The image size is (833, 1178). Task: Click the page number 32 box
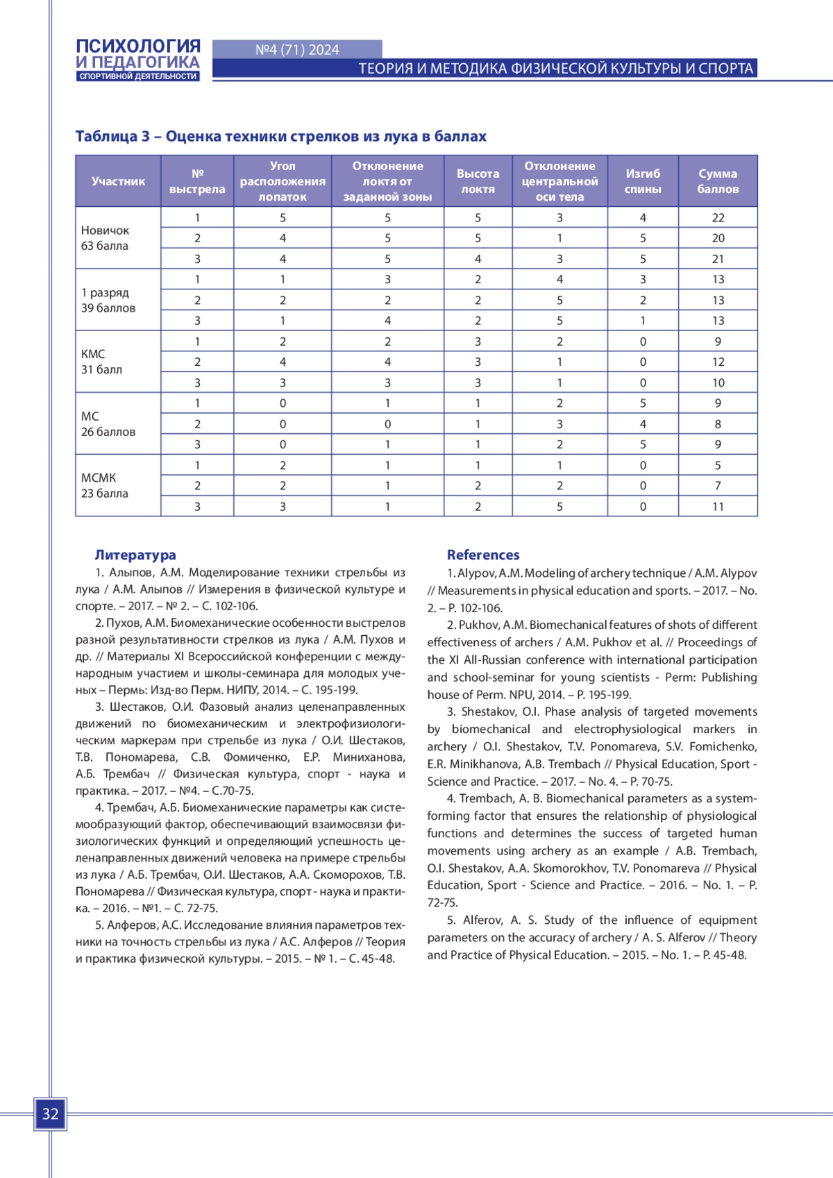click(x=50, y=1114)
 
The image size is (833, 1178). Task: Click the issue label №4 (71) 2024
click(x=297, y=49)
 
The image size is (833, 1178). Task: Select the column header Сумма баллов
click(x=718, y=181)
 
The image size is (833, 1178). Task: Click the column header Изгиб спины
click(x=643, y=181)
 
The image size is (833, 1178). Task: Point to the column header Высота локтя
click(x=478, y=181)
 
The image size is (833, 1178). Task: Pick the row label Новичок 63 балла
click(x=106, y=237)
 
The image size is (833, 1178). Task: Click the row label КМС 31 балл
click(x=101, y=362)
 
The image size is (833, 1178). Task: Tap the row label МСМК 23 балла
click(x=105, y=485)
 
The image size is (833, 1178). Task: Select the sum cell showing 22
click(x=718, y=217)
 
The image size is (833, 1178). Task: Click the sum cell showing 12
click(x=718, y=362)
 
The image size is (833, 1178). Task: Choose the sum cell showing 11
click(x=718, y=507)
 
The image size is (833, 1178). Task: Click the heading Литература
click(x=135, y=555)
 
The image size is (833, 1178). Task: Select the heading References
click(x=483, y=555)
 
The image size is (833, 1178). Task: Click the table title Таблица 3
click(x=280, y=136)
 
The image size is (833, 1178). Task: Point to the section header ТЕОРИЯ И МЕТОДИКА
click(x=555, y=68)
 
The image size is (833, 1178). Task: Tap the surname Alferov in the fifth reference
click(x=482, y=920)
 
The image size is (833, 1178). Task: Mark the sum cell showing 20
click(x=718, y=238)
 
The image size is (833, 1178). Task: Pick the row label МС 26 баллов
click(x=108, y=423)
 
